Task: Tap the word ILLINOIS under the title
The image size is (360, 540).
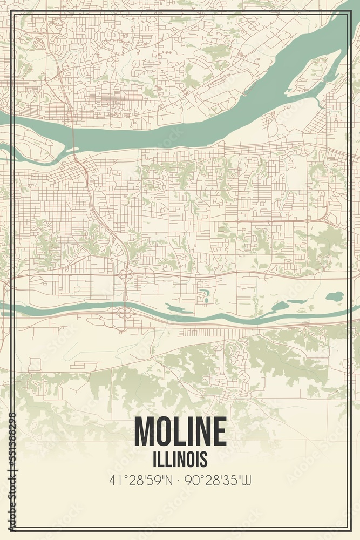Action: click(180, 459)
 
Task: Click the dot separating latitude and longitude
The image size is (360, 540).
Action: click(180, 479)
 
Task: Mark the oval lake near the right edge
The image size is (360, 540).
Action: click(335, 296)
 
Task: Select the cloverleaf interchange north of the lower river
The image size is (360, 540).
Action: click(126, 276)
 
